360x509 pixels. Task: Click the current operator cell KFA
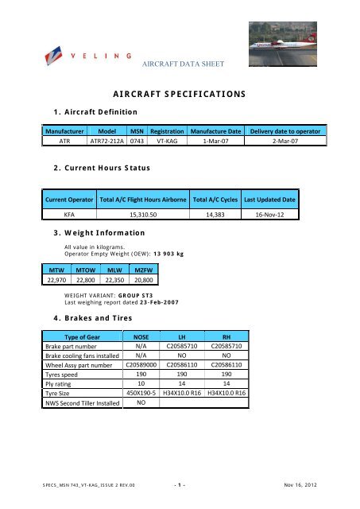pyautogui.click(x=69, y=214)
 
